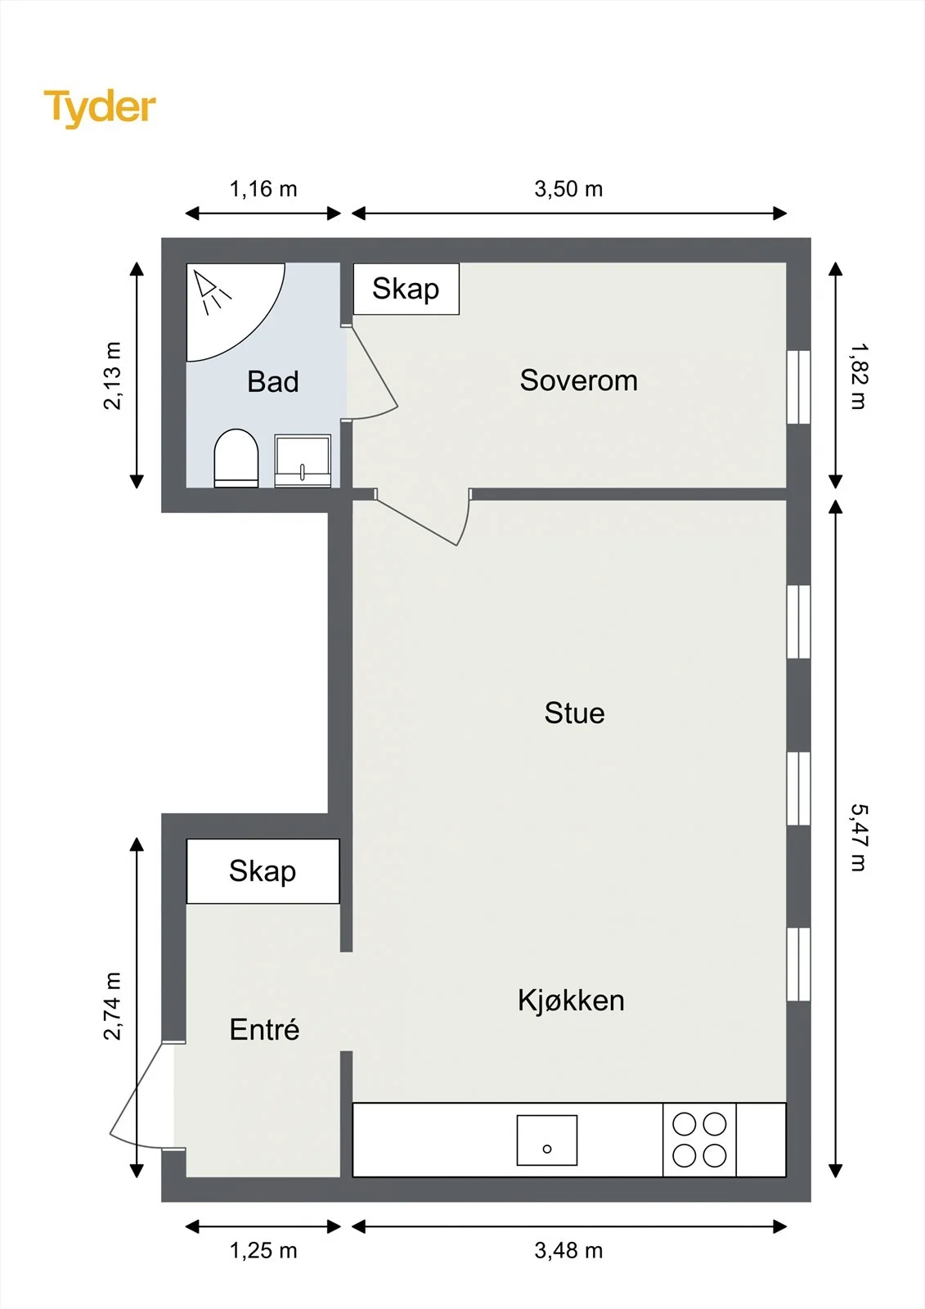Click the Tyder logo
tap(100, 109)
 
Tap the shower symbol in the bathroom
tap(213, 291)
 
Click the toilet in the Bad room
tap(236, 458)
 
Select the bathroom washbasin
tap(303, 461)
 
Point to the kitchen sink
tap(547, 1140)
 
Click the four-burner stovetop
tap(699, 1140)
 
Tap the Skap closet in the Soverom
tap(406, 289)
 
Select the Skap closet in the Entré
tap(263, 871)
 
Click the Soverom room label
tap(578, 380)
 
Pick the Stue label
tap(574, 713)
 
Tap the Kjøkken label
tap(571, 1001)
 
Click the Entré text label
tap(264, 1029)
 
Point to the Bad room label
tap(273, 381)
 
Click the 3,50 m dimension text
tap(568, 189)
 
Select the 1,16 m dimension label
tap(263, 189)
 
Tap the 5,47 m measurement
tap(859, 838)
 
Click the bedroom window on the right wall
tap(798, 387)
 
